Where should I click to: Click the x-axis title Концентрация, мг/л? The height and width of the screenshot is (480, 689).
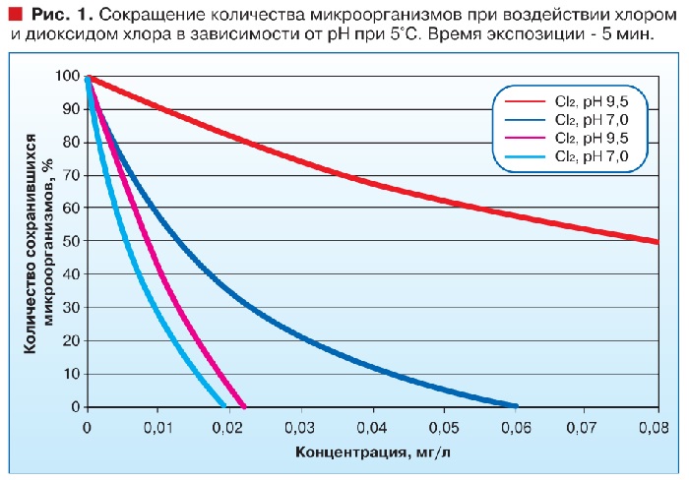(x=371, y=453)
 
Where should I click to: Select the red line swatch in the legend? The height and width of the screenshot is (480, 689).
(x=524, y=100)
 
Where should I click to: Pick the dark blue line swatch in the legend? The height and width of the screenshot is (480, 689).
(x=524, y=119)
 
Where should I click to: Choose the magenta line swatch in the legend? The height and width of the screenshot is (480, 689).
(x=524, y=138)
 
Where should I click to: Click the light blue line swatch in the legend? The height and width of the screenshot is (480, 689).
(x=524, y=156)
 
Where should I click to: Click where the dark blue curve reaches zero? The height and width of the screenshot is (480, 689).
(x=516, y=405)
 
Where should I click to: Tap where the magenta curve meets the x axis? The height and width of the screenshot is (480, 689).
(x=244, y=405)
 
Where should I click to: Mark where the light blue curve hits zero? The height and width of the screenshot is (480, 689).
(x=224, y=405)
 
